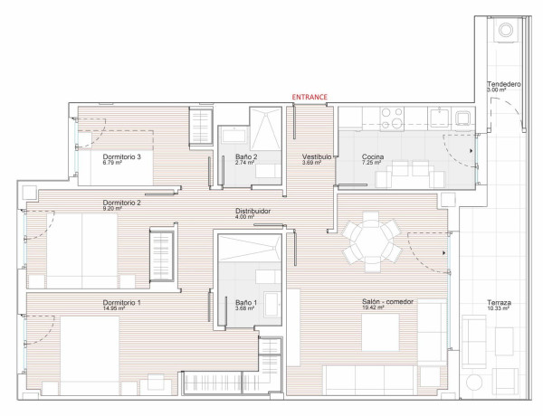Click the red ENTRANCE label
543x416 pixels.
coord(310,97)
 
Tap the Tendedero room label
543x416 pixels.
coord(503,84)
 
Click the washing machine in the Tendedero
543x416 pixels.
coord(506,30)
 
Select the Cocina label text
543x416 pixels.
coord(373,156)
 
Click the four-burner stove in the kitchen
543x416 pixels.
coord(392,118)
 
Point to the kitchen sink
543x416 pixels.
coord(439,117)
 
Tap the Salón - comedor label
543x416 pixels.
coord(387,302)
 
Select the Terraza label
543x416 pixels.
coord(499,302)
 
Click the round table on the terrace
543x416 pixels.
coord(474,383)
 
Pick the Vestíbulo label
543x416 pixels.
coord(317,156)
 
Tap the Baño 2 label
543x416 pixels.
coord(246,156)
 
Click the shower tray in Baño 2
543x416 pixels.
coord(265,128)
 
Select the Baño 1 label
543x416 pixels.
coord(246,303)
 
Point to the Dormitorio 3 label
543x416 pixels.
coord(121,156)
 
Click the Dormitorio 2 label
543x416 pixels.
coord(121,203)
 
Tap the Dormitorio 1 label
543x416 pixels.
coord(121,303)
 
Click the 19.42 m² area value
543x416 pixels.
coord(373,307)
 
